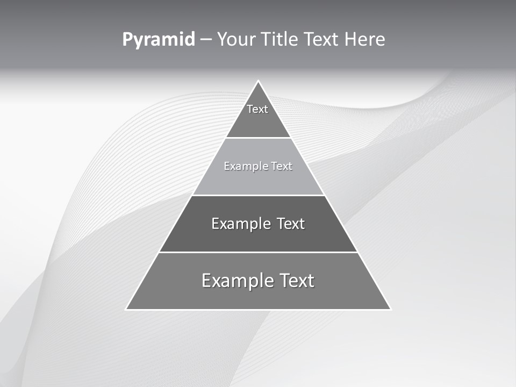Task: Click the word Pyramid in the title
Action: click(159, 40)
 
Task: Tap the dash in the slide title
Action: click(206, 40)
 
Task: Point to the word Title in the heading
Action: click(279, 39)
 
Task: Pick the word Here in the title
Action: click(365, 39)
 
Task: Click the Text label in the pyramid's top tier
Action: click(257, 109)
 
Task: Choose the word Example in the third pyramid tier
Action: click(237, 224)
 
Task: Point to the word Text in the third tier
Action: click(291, 224)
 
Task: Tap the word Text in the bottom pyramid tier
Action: click(297, 281)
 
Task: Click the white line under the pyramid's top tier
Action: click(259, 138)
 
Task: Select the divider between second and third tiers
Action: click(259, 195)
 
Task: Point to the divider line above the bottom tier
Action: click(259, 252)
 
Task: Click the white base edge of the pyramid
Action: click(259, 310)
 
